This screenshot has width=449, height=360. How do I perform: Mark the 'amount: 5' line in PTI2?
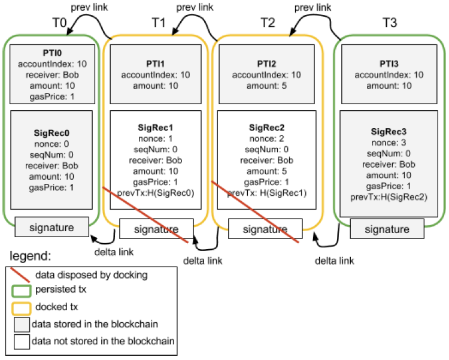coord(268,86)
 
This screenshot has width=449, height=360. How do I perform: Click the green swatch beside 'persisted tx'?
coord(21,290)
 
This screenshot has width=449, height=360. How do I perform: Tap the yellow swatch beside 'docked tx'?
coord(21,307)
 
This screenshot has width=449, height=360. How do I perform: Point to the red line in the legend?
coord(22,274)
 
